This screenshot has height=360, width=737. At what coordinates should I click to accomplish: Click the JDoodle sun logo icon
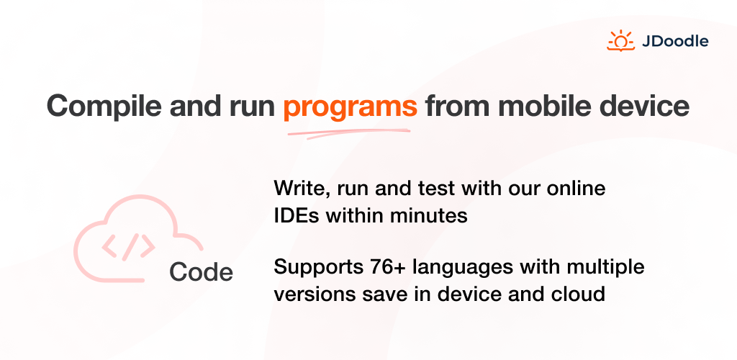coord(620,41)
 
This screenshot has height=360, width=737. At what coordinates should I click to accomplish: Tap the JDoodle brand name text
coord(675,41)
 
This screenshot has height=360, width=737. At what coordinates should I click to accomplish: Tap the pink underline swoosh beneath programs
coord(349,133)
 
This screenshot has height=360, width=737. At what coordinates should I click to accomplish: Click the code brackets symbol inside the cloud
coord(128,247)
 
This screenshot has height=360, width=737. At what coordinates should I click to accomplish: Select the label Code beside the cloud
coord(202,271)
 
